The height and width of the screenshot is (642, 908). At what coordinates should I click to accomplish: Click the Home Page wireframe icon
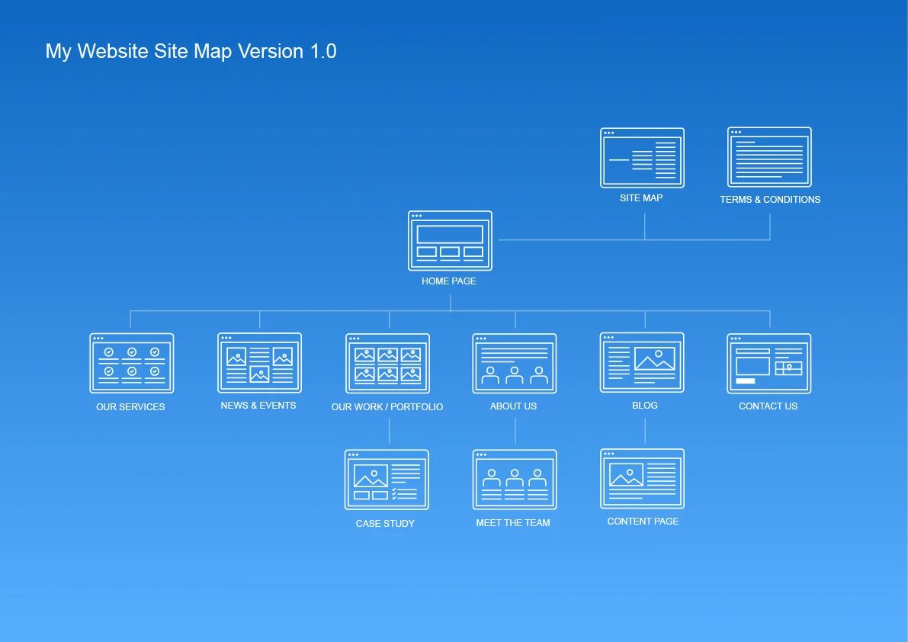click(x=450, y=241)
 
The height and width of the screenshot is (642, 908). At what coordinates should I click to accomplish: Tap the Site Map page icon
click(x=642, y=158)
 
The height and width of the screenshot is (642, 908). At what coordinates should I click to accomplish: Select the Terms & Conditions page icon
click(x=769, y=157)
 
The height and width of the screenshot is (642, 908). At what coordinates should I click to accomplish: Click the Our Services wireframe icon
click(x=131, y=363)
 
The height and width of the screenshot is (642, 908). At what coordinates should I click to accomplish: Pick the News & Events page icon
click(x=259, y=363)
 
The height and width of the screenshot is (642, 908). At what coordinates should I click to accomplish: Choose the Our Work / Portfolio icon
click(x=387, y=364)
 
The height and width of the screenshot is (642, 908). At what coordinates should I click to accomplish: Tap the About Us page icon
click(x=515, y=364)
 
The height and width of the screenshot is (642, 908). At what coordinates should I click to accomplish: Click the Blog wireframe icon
click(x=642, y=363)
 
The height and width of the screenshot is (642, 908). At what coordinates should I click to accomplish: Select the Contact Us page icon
click(x=768, y=364)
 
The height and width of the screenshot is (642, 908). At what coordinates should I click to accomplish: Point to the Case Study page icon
click(x=387, y=480)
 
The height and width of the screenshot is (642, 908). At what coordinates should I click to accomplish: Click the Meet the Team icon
click(x=515, y=480)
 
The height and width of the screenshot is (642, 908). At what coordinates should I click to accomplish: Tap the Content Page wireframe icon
click(x=642, y=479)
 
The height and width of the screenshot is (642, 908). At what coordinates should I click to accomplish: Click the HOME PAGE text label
click(x=449, y=281)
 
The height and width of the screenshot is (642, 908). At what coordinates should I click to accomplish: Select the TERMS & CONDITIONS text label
click(x=770, y=200)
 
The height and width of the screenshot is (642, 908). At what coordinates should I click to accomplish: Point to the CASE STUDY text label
click(x=385, y=524)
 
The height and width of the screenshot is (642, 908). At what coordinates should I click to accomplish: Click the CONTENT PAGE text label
click(x=643, y=522)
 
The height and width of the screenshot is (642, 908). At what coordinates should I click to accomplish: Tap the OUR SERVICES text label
click(x=130, y=407)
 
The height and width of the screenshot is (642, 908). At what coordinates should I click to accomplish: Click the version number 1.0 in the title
click(x=322, y=52)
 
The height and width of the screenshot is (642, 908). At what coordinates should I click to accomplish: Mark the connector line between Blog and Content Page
click(x=645, y=431)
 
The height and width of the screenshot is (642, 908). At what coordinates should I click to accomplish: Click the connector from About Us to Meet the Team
click(x=515, y=432)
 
